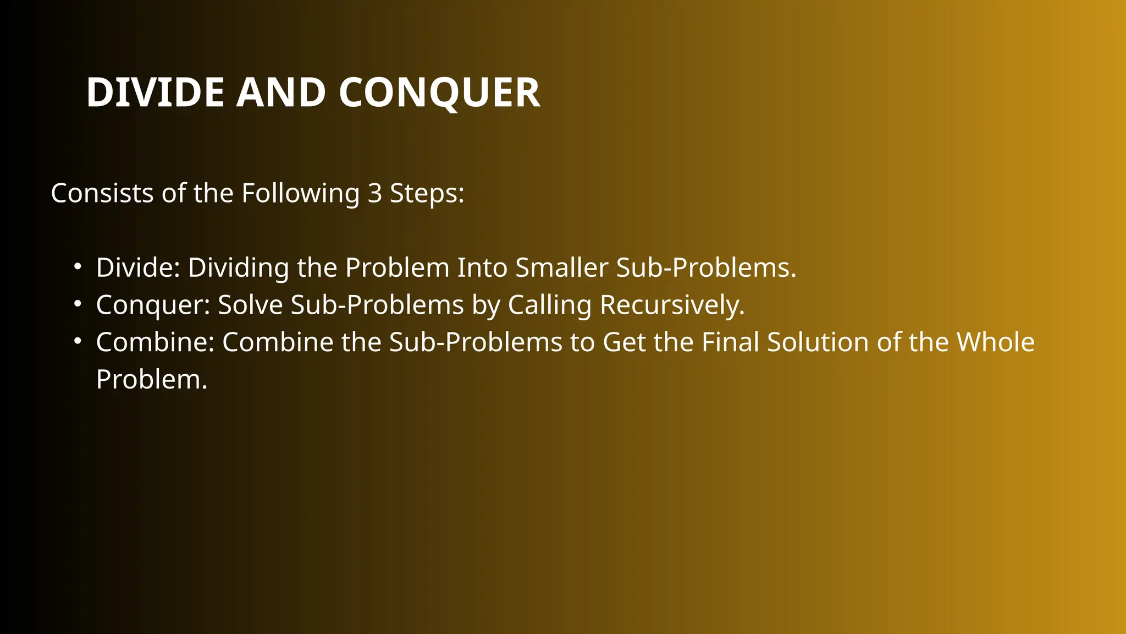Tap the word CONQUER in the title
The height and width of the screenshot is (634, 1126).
(439, 92)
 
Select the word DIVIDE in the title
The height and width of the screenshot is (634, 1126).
(155, 92)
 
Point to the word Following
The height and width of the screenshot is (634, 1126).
(300, 193)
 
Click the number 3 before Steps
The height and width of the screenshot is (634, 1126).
(374, 193)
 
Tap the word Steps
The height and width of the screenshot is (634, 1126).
(427, 193)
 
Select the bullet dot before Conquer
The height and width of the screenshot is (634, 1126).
(78, 304)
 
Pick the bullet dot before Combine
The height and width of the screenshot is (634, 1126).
(78, 342)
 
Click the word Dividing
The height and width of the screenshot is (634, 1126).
(238, 267)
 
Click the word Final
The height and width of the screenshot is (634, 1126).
(730, 342)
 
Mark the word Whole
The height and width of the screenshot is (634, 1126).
(996, 342)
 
